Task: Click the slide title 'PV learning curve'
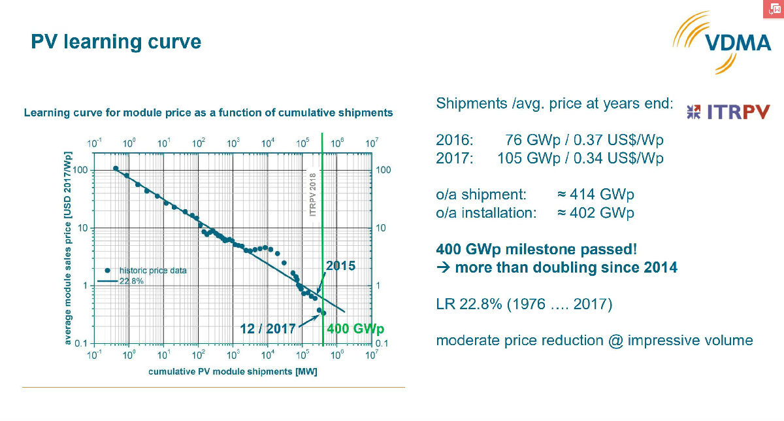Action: click(x=116, y=42)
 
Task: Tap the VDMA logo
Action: click(x=719, y=42)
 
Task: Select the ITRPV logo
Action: click(x=728, y=112)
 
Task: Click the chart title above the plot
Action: click(x=208, y=112)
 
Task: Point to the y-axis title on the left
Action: click(x=68, y=247)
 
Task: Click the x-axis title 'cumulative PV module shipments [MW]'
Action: click(x=233, y=371)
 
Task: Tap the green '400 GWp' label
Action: click(x=355, y=329)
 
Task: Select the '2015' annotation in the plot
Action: click(x=340, y=266)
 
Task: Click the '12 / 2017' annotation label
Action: click(x=268, y=329)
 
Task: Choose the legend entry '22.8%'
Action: click(x=131, y=280)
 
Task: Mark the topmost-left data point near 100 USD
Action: click(x=116, y=169)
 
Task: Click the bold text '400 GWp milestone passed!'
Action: click(x=536, y=249)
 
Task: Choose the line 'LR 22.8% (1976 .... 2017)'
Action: click(x=524, y=304)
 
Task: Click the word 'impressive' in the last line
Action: click(x=654, y=340)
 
